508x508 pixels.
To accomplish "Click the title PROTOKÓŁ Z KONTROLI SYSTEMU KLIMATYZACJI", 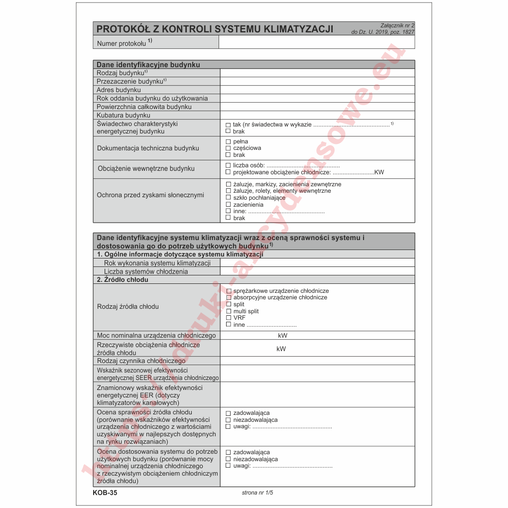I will [x=215, y=29].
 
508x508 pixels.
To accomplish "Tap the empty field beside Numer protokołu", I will [x=316, y=43].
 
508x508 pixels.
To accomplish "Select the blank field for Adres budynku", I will [x=317, y=90].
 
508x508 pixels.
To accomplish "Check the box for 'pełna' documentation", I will [x=228, y=141].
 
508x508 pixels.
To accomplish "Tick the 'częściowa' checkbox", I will [x=228, y=148].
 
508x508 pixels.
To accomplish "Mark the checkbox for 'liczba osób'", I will [x=228, y=165].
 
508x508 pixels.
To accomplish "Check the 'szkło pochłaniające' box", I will [x=228, y=198].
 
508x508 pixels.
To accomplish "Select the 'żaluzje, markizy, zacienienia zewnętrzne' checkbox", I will [x=228, y=184].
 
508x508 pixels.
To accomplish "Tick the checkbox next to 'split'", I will [x=229, y=304].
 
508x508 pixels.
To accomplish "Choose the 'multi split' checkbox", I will [x=229, y=311].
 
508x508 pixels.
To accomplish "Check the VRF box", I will [x=229, y=318].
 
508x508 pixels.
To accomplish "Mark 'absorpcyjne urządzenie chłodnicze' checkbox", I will [x=229, y=297].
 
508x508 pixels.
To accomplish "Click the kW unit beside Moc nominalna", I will [x=282, y=336].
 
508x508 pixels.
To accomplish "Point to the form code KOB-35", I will [x=105, y=493].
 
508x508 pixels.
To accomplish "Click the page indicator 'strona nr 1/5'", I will [x=257, y=493].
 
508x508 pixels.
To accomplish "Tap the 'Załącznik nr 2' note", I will [x=397, y=25].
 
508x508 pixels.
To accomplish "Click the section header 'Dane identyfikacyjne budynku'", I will [x=148, y=65].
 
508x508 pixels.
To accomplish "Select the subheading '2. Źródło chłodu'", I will [x=123, y=280].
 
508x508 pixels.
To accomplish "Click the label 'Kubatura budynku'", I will [x=124, y=116].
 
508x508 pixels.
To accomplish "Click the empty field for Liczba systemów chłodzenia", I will [x=317, y=271].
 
